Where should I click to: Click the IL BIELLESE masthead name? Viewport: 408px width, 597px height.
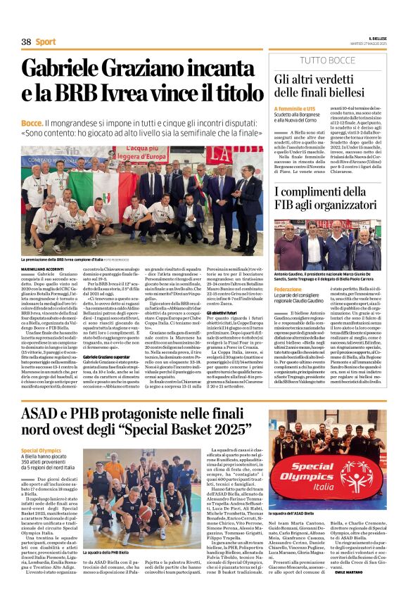tap(377, 38)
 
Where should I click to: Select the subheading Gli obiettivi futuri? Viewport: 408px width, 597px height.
tap(224, 311)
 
